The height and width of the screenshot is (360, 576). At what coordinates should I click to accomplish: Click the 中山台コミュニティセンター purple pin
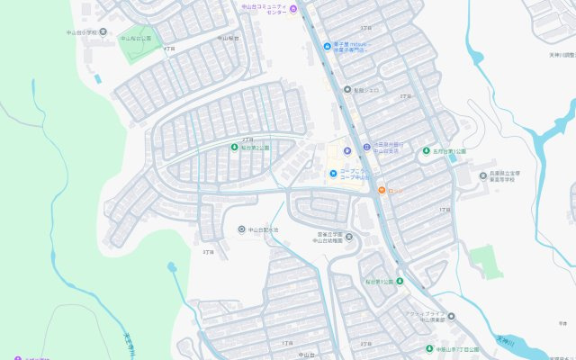tap(292, 9)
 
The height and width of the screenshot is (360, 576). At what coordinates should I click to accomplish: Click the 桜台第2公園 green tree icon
tap(235, 148)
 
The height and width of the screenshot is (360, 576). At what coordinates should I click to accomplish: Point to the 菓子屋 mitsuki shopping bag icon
tap(326, 46)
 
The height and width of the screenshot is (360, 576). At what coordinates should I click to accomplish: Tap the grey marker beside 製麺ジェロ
tap(347, 90)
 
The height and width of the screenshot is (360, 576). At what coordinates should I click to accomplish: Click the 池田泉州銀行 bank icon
tap(366, 148)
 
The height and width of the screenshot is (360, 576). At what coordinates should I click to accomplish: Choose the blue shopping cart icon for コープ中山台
tap(333, 174)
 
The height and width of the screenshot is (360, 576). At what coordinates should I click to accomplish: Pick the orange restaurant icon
tap(382, 190)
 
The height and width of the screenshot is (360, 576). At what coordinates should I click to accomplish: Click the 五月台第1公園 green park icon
tap(427, 151)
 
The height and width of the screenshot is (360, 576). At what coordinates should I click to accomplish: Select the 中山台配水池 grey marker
tap(241, 229)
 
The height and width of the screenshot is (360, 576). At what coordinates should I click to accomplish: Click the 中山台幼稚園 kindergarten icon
tap(349, 237)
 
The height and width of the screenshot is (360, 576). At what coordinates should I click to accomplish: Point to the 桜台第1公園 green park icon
tap(400, 282)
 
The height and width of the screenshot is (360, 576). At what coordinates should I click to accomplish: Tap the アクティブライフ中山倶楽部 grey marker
tap(451, 317)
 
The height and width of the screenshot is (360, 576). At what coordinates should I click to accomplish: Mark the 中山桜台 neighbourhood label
tap(227, 39)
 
